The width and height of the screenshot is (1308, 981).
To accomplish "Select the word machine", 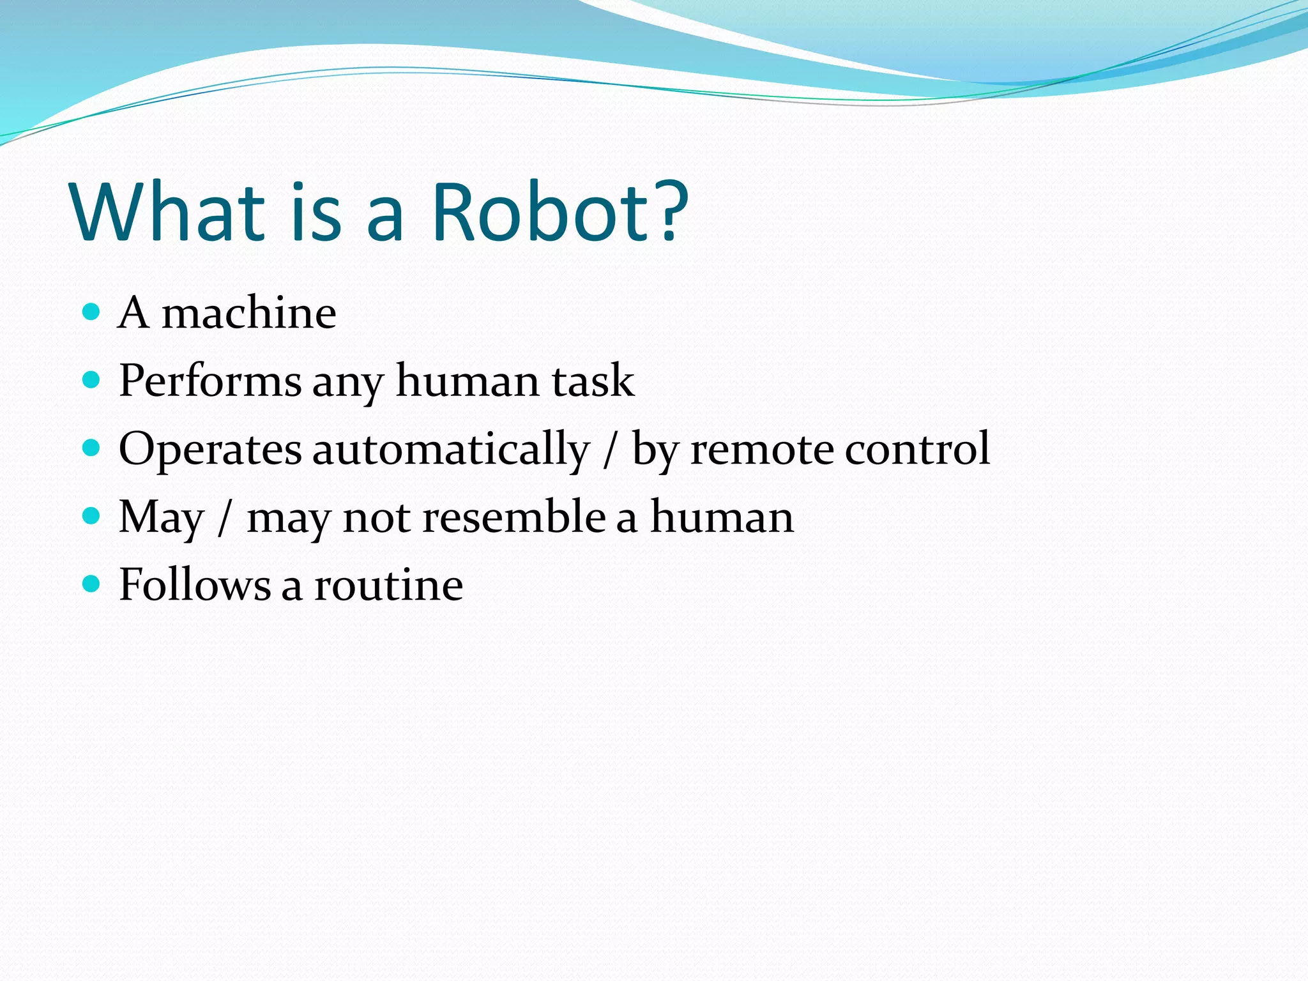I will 248,314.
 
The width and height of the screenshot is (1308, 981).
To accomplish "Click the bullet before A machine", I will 92,312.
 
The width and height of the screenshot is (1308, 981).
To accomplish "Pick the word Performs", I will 209,381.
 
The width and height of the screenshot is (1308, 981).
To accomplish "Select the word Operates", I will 209,450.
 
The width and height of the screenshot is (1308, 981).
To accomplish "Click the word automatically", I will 450,450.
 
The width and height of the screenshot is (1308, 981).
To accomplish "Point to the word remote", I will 761,450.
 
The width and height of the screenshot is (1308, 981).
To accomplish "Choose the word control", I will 917,448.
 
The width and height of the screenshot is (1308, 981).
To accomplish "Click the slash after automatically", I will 611,450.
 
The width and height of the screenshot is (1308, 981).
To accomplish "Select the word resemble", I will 513,517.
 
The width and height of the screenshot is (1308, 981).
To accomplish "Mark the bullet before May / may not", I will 92,516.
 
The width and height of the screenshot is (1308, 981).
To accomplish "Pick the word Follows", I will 195,585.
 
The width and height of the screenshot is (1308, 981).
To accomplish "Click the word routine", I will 388,585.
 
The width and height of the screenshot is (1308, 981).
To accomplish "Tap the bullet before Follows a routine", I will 92,584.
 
